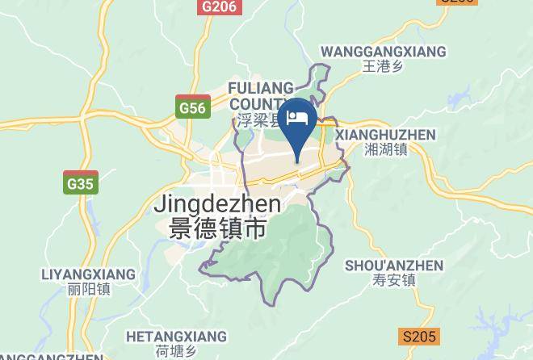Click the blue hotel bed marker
[x=300, y=118]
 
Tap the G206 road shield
[x=220, y=6]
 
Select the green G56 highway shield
[x=193, y=107]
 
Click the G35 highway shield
[x=81, y=184]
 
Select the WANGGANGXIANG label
[x=383, y=52]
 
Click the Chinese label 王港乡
[x=383, y=67]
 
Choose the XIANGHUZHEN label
[x=384, y=135]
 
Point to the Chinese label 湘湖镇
[x=384, y=149]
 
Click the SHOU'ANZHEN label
[x=394, y=266]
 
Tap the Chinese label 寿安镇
[x=394, y=281]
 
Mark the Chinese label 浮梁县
[x=258, y=121]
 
